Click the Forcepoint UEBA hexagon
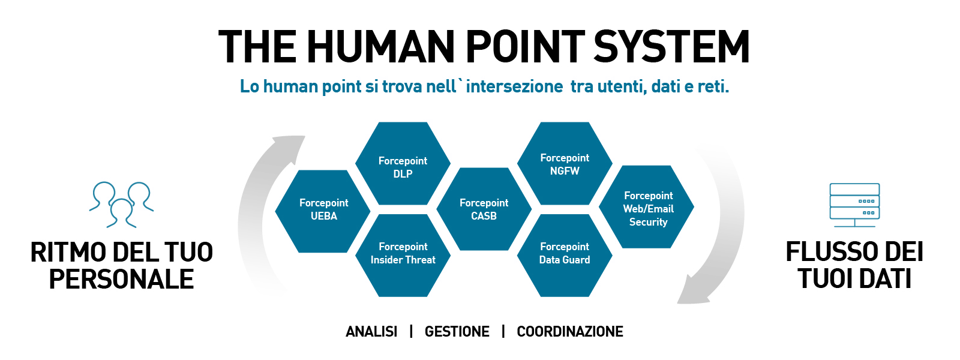click(323, 211)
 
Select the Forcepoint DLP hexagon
click(403, 163)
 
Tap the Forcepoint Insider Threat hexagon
click(403, 256)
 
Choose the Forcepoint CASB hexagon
click(484, 209)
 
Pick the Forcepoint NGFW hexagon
click(565, 163)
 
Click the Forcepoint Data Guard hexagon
click(565, 256)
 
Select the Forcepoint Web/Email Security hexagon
click(646, 206)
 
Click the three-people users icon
click(121, 205)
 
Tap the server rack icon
click(854, 205)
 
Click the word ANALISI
click(371, 332)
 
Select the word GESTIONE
click(457, 332)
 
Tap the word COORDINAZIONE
click(570, 332)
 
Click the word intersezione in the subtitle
click(514, 86)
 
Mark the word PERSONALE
click(121, 279)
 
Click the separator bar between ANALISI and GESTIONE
click(411, 331)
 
